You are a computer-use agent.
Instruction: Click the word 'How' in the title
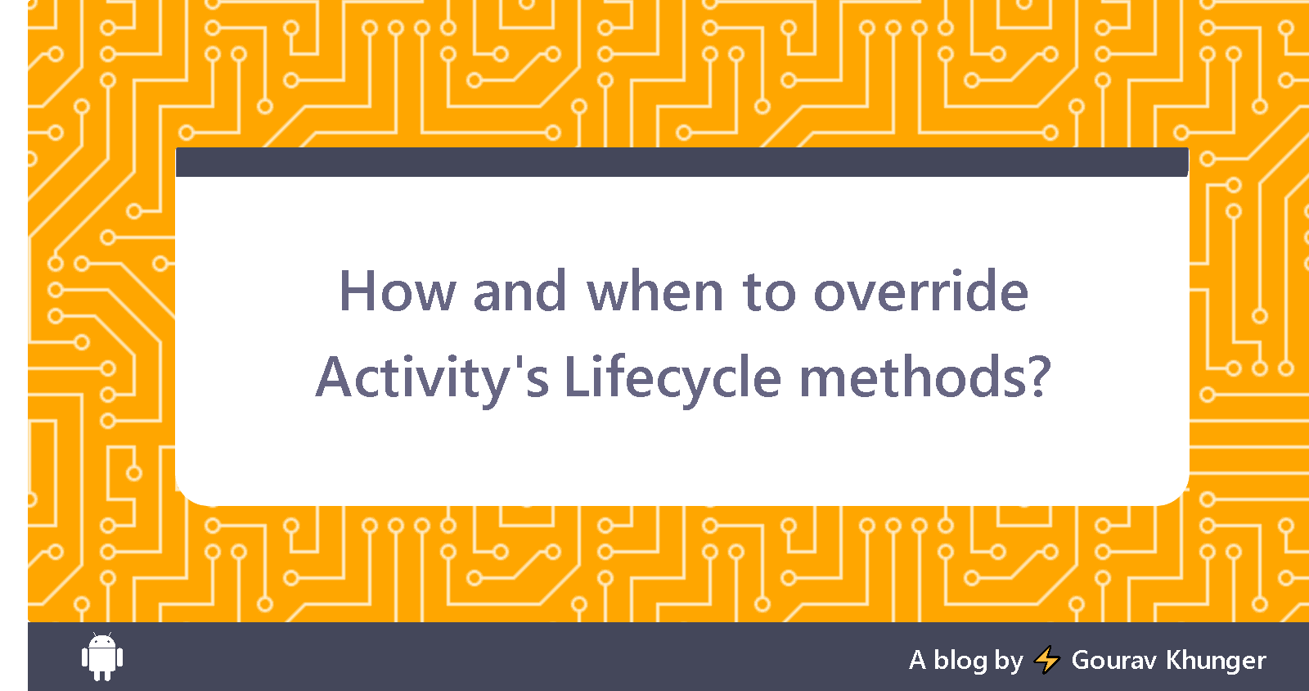click(x=397, y=291)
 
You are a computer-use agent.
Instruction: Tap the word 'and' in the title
click(x=520, y=291)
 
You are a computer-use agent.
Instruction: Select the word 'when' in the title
click(x=655, y=291)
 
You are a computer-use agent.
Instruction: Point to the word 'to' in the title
click(x=769, y=293)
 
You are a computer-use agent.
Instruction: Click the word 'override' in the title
click(x=920, y=291)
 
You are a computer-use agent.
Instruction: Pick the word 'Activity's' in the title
click(x=432, y=377)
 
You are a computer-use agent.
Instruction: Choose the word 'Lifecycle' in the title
click(x=672, y=377)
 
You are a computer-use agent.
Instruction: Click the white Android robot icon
click(x=102, y=657)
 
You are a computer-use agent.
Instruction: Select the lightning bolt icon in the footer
click(x=1047, y=659)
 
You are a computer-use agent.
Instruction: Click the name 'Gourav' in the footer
click(x=1114, y=660)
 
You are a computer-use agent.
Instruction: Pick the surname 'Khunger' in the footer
click(x=1216, y=660)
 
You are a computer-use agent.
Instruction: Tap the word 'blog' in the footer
click(x=960, y=660)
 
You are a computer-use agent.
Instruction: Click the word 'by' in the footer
click(x=1009, y=661)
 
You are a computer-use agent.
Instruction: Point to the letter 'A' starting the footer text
click(x=917, y=660)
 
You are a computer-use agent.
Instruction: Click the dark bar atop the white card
click(x=681, y=162)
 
